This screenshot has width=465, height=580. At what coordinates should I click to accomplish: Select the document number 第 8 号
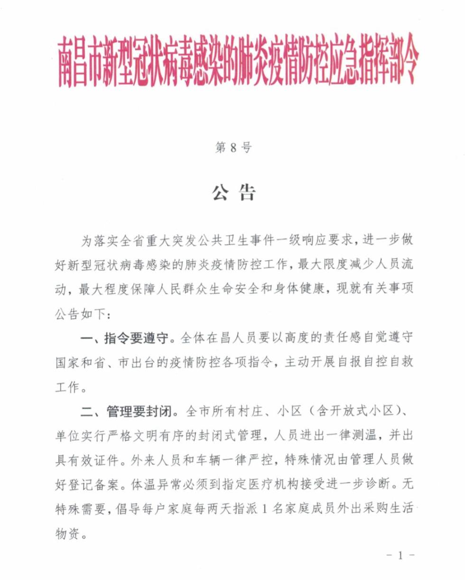click(232, 147)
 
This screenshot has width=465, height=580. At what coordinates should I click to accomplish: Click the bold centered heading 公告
click(232, 192)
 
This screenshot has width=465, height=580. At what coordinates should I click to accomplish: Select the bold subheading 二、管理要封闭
click(124, 411)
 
